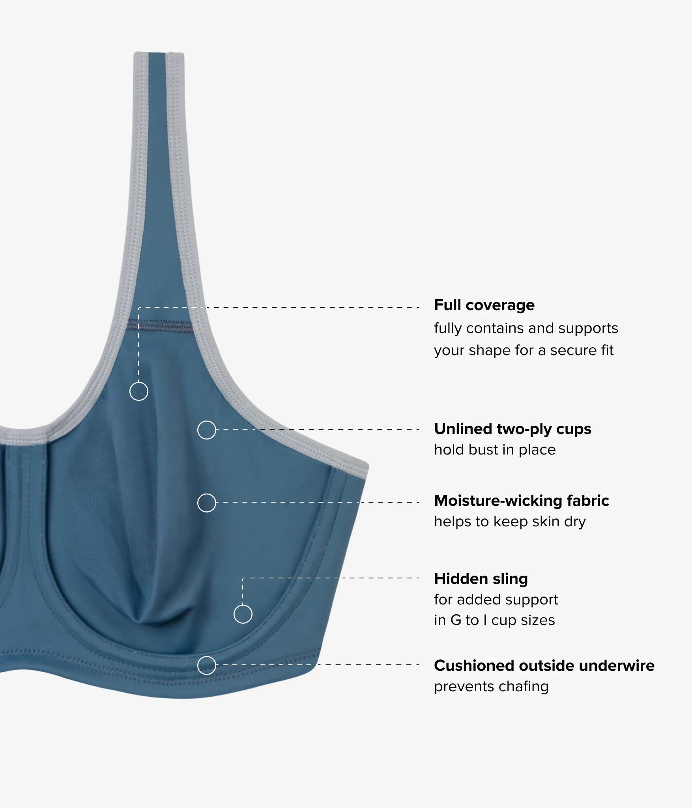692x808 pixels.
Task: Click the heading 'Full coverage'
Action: coord(484,305)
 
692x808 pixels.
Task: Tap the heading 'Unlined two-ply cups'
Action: coord(512,429)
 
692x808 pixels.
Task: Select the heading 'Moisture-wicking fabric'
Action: coord(522,501)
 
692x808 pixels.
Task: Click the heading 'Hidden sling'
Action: coord(481,579)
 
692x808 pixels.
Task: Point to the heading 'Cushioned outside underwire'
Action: coord(544,666)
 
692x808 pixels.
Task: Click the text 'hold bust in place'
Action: coord(495,450)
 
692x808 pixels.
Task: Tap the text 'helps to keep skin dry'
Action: coord(510,522)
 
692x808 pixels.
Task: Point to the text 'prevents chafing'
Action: coord(491,686)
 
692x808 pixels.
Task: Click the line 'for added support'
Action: coord(496,600)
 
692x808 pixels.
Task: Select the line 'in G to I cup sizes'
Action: coord(494,620)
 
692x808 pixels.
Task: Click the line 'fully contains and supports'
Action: coord(526,328)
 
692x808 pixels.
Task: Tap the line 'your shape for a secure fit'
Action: coord(524,350)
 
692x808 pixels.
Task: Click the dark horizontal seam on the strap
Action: coord(160,326)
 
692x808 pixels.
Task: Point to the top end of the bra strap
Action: coord(159,53)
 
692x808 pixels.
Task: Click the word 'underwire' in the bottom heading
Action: coord(617,666)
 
